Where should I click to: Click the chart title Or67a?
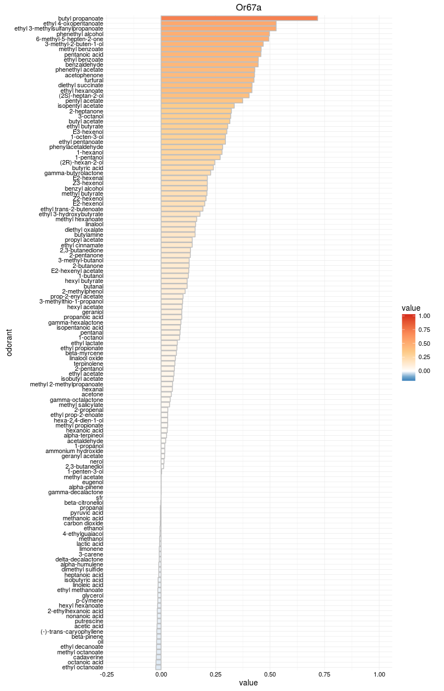[x=248, y=7]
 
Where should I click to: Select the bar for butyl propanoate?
[x=239, y=18]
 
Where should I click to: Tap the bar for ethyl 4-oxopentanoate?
[x=218, y=23]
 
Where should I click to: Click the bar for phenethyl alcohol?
[x=215, y=34]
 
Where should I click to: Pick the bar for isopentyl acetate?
[x=197, y=106]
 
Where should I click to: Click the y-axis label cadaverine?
[x=88, y=657]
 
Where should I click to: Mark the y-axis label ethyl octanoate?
[x=83, y=667]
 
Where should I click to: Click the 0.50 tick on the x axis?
[x=270, y=674]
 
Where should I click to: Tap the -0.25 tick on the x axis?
[x=107, y=674]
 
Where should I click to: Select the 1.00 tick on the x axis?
[x=380, y=674]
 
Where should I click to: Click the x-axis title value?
[x=248, y=683]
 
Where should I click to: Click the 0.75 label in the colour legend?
[x=425, y=330]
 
